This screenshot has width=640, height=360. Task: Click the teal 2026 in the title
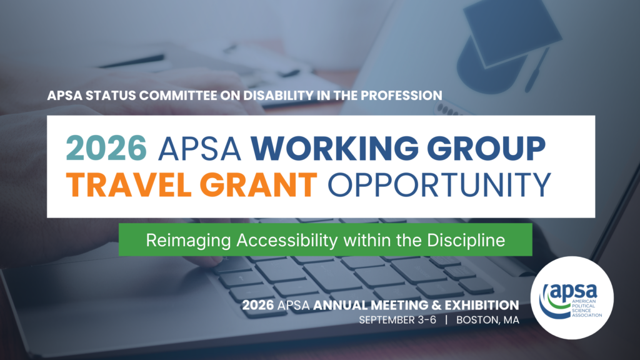pyautogui.click(x=106, y=147)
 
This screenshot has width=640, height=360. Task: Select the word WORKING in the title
pyautogui.click(x=335, y=147)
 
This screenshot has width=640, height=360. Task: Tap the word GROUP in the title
pyautogui.click(x=486, y=147)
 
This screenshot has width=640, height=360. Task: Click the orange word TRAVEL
pyautogui.click(x=129, y=184)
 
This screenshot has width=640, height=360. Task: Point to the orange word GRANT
pyautogui.click(x=258, y=184)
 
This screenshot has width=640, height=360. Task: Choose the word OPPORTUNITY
pyautogui.click(x=439, y=184)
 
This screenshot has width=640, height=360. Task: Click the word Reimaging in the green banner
pyautogui.click(x=189, y=241)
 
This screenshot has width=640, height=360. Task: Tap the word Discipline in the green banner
pyautogui.click(x=466, y=241)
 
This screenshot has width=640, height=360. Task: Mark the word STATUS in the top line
pyautogui.click(x=111, y=96)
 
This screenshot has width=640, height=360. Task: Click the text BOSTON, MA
pyautogui.click(x=487, y=320)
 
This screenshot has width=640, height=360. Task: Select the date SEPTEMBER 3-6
pyautogui.click(x=397, y=320)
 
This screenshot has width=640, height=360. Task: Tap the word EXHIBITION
pyautogui.click(x=482, y=305)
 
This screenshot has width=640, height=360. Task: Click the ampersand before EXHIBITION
pyautogui.click(x=436, y=305)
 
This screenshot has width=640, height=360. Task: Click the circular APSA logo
pyautogui.click(x=572, y=298)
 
